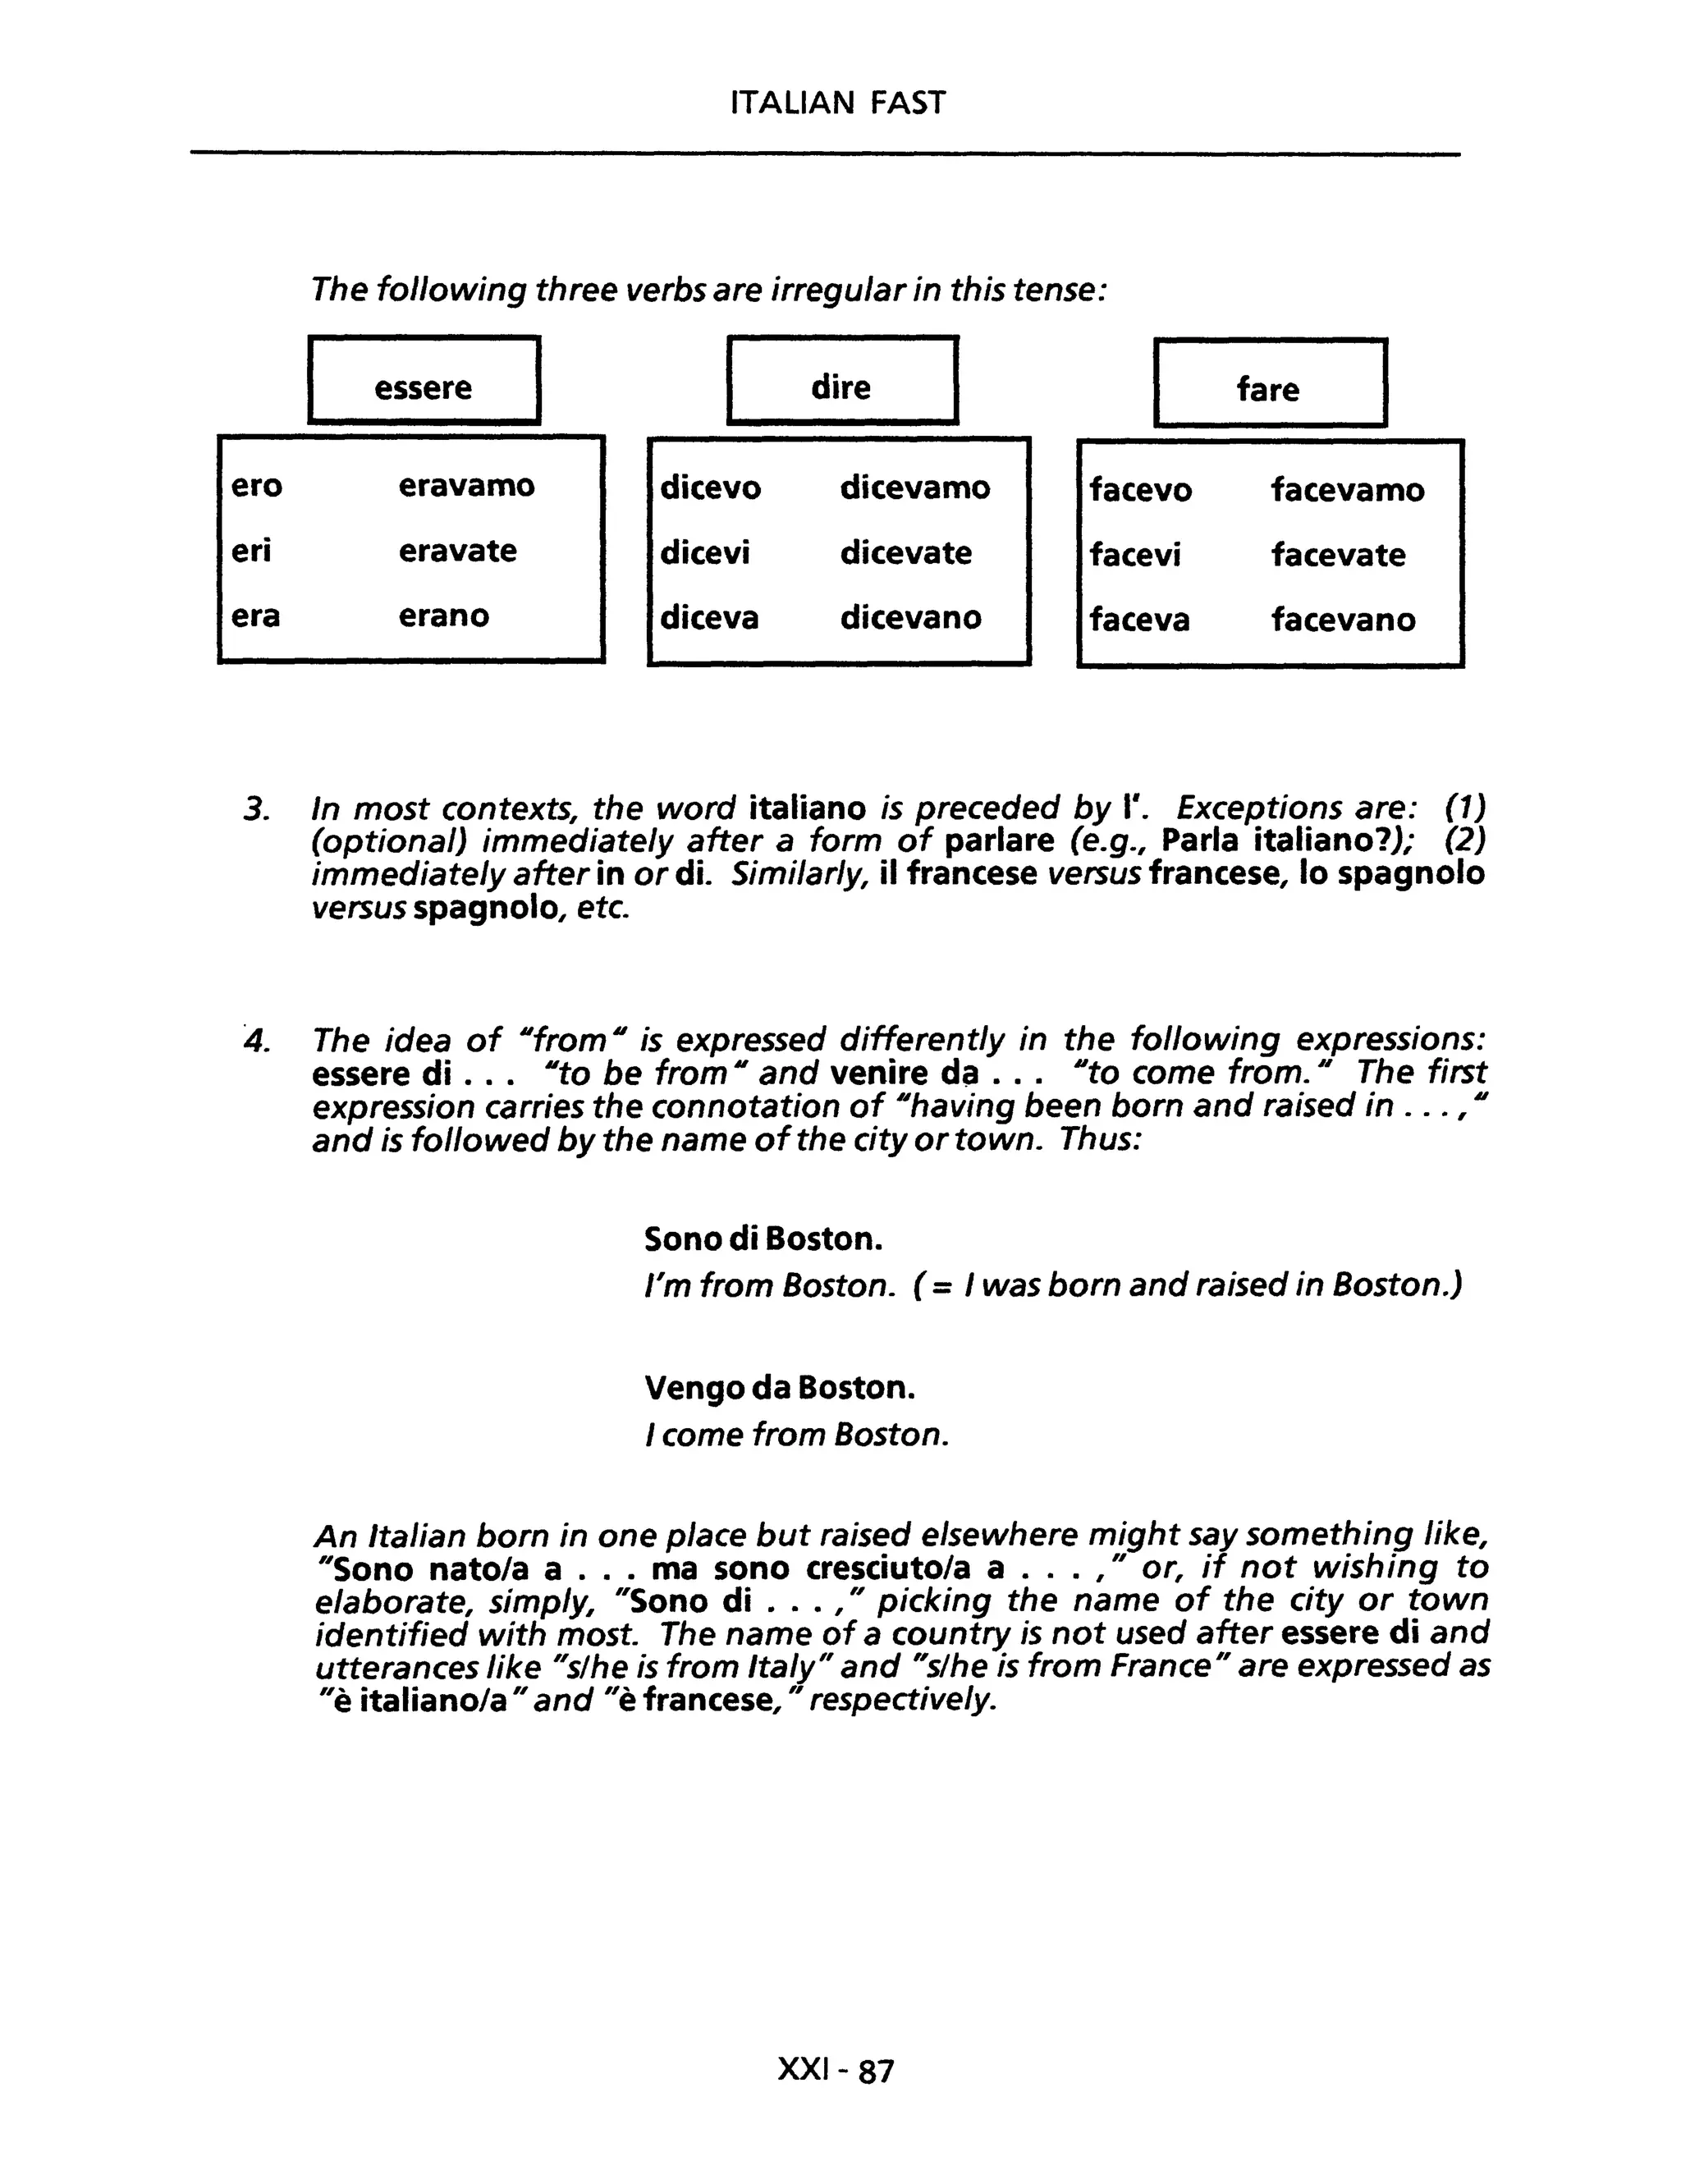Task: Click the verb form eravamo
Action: pos(466,486)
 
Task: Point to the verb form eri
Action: pos(251,551)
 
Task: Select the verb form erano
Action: pos(444,616)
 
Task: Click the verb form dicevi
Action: pos(705,552)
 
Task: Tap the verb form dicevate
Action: pos(905,552)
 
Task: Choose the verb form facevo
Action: pos(1140,490)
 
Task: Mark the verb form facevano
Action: pos(1342,620)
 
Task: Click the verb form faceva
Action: pos(1139,620)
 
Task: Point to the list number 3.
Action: pos(256,808)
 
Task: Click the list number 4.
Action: pos(256,1042)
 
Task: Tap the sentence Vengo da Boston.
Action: pos(780,1387)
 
